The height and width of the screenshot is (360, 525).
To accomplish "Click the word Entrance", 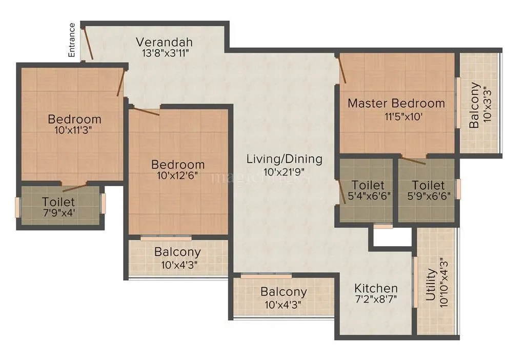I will coord(72,40).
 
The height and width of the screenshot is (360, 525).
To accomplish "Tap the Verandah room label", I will coord(164,42).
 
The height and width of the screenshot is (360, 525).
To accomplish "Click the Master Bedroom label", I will coord(396,103).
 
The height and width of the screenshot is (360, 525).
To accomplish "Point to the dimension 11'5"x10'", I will coord(403,116).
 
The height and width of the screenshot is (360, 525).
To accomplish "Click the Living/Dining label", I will coord(285,159).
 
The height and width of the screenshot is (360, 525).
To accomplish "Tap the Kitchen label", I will coord(376,288).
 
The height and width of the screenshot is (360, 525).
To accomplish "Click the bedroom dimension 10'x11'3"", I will coord(74,130).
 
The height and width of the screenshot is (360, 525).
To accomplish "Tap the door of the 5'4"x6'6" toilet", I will coord(343,192).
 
